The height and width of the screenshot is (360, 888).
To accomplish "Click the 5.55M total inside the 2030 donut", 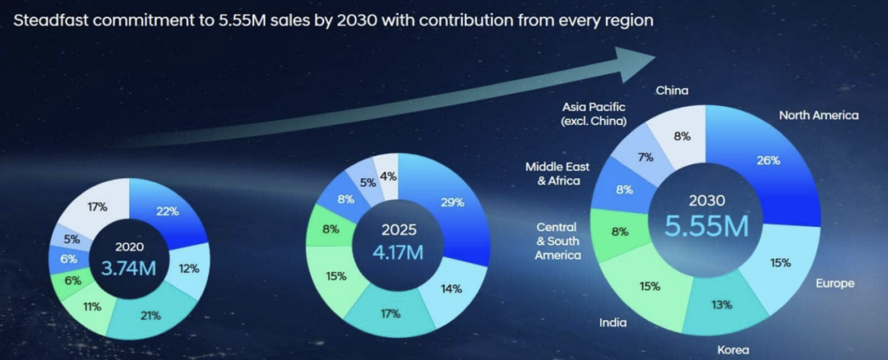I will click(708, 224).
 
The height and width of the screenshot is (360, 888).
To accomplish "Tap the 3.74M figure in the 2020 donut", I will click(128, 266).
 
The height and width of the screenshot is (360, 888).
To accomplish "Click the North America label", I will click(818, 116).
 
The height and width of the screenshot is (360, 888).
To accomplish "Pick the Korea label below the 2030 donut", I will click(733, 350).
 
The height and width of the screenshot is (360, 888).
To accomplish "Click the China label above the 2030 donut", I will click(673, 90).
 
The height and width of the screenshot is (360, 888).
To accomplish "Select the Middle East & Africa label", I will click(558, 174).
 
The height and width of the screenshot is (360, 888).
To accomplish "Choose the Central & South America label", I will click(558, 241).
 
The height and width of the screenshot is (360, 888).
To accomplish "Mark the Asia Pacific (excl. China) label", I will click(594, 113).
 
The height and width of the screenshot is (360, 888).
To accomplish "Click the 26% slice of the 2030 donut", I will click(768, 161).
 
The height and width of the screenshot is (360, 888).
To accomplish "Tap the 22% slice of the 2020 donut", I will click(168, 211).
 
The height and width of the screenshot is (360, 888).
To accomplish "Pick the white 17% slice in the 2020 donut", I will click(99, 207).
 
